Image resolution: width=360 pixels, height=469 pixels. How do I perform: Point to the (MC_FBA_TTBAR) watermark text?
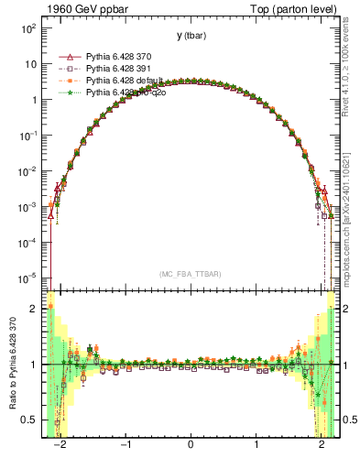pyautogui.click(x=191, y=274)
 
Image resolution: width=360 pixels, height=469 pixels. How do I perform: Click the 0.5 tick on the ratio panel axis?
pyautogui.click(x=30, y=420)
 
